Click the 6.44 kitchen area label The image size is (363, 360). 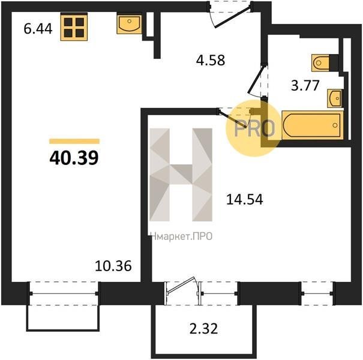click(38, 29)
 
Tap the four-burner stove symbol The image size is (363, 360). click(74, 27)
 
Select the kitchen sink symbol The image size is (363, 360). click(129, 25)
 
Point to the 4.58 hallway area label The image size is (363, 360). click(211, 60)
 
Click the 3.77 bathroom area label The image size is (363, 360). click(305, 85)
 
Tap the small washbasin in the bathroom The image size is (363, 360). click(335, 98)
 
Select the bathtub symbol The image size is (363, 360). click(313, 125)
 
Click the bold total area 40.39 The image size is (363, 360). click(74, 158)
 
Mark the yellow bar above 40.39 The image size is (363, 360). click(74, 141)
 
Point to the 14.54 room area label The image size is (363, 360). click(244, 200)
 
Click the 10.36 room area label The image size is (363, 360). click(113, 266)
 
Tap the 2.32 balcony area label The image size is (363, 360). click(204, 329)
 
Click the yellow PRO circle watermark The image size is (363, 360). click(254, 128)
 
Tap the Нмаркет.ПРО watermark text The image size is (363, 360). click(181, 236)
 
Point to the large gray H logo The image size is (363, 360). click(181, 175)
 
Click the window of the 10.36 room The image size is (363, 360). click(64, 293)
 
